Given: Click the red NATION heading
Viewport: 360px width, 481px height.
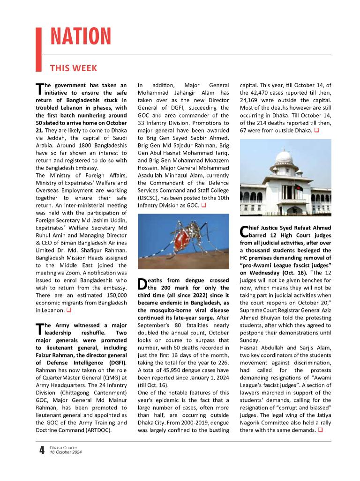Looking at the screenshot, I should (x=80, y=37).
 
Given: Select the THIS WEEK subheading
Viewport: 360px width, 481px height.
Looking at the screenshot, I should (x=74, y=68).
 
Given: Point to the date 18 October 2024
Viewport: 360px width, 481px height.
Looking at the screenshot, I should (x=66, y=453).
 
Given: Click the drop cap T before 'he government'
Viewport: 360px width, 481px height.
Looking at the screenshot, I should (x=39, y=89).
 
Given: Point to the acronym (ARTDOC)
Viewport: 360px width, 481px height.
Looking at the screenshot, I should (x=96, y=429).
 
